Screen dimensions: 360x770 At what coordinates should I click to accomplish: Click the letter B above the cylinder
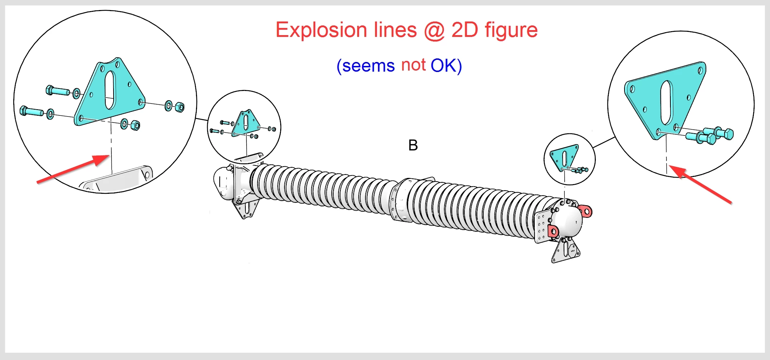point(413,145)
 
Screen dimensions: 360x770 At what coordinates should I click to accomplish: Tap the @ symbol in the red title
point(434,30)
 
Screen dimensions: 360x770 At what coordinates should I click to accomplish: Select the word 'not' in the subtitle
point(413,65)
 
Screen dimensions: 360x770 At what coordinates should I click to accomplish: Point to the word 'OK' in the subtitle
point(444,66)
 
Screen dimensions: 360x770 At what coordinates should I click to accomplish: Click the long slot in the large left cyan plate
point(110,90)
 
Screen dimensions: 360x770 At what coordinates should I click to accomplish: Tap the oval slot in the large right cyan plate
point(666,102)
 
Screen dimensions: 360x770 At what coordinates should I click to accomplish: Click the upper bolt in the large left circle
point(57,90)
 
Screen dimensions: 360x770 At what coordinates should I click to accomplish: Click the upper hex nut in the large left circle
point(180,107)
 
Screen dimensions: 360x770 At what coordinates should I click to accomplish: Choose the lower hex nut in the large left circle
point(135,125)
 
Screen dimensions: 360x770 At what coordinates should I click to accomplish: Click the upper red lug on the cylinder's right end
point(585,211)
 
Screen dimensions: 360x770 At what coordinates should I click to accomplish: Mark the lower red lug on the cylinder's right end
point(553,231)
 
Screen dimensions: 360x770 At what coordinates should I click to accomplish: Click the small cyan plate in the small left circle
point(245,123)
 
